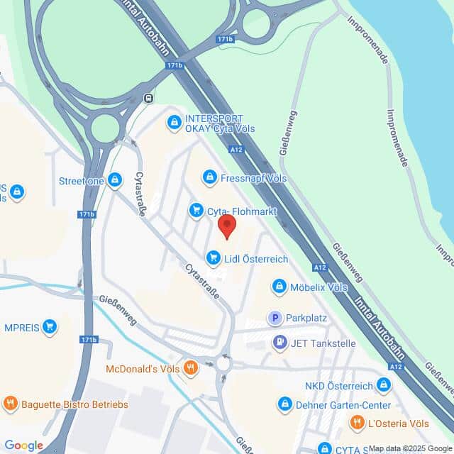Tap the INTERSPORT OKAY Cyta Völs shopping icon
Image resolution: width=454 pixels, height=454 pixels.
(174, 123)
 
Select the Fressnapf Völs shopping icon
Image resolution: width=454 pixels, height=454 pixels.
(209, 176)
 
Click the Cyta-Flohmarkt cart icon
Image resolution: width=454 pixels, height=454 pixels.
(196, 210)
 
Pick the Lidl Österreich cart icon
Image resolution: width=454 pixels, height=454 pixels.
(213, 259)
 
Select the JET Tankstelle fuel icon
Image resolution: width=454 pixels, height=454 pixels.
(280, 343)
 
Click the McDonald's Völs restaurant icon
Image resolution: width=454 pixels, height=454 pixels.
(189, 369)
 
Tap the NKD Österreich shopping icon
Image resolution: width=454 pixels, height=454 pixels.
(384, 385)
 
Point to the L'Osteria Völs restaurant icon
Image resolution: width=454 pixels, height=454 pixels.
(358, 423)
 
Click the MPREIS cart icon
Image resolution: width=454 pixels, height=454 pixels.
(50, 326)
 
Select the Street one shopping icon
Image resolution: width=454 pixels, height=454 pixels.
(116, 180)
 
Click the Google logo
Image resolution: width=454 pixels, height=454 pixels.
(23, 445)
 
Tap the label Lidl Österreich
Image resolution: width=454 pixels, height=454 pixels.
(256, 259)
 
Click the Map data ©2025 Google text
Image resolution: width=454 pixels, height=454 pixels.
(410, 448)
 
